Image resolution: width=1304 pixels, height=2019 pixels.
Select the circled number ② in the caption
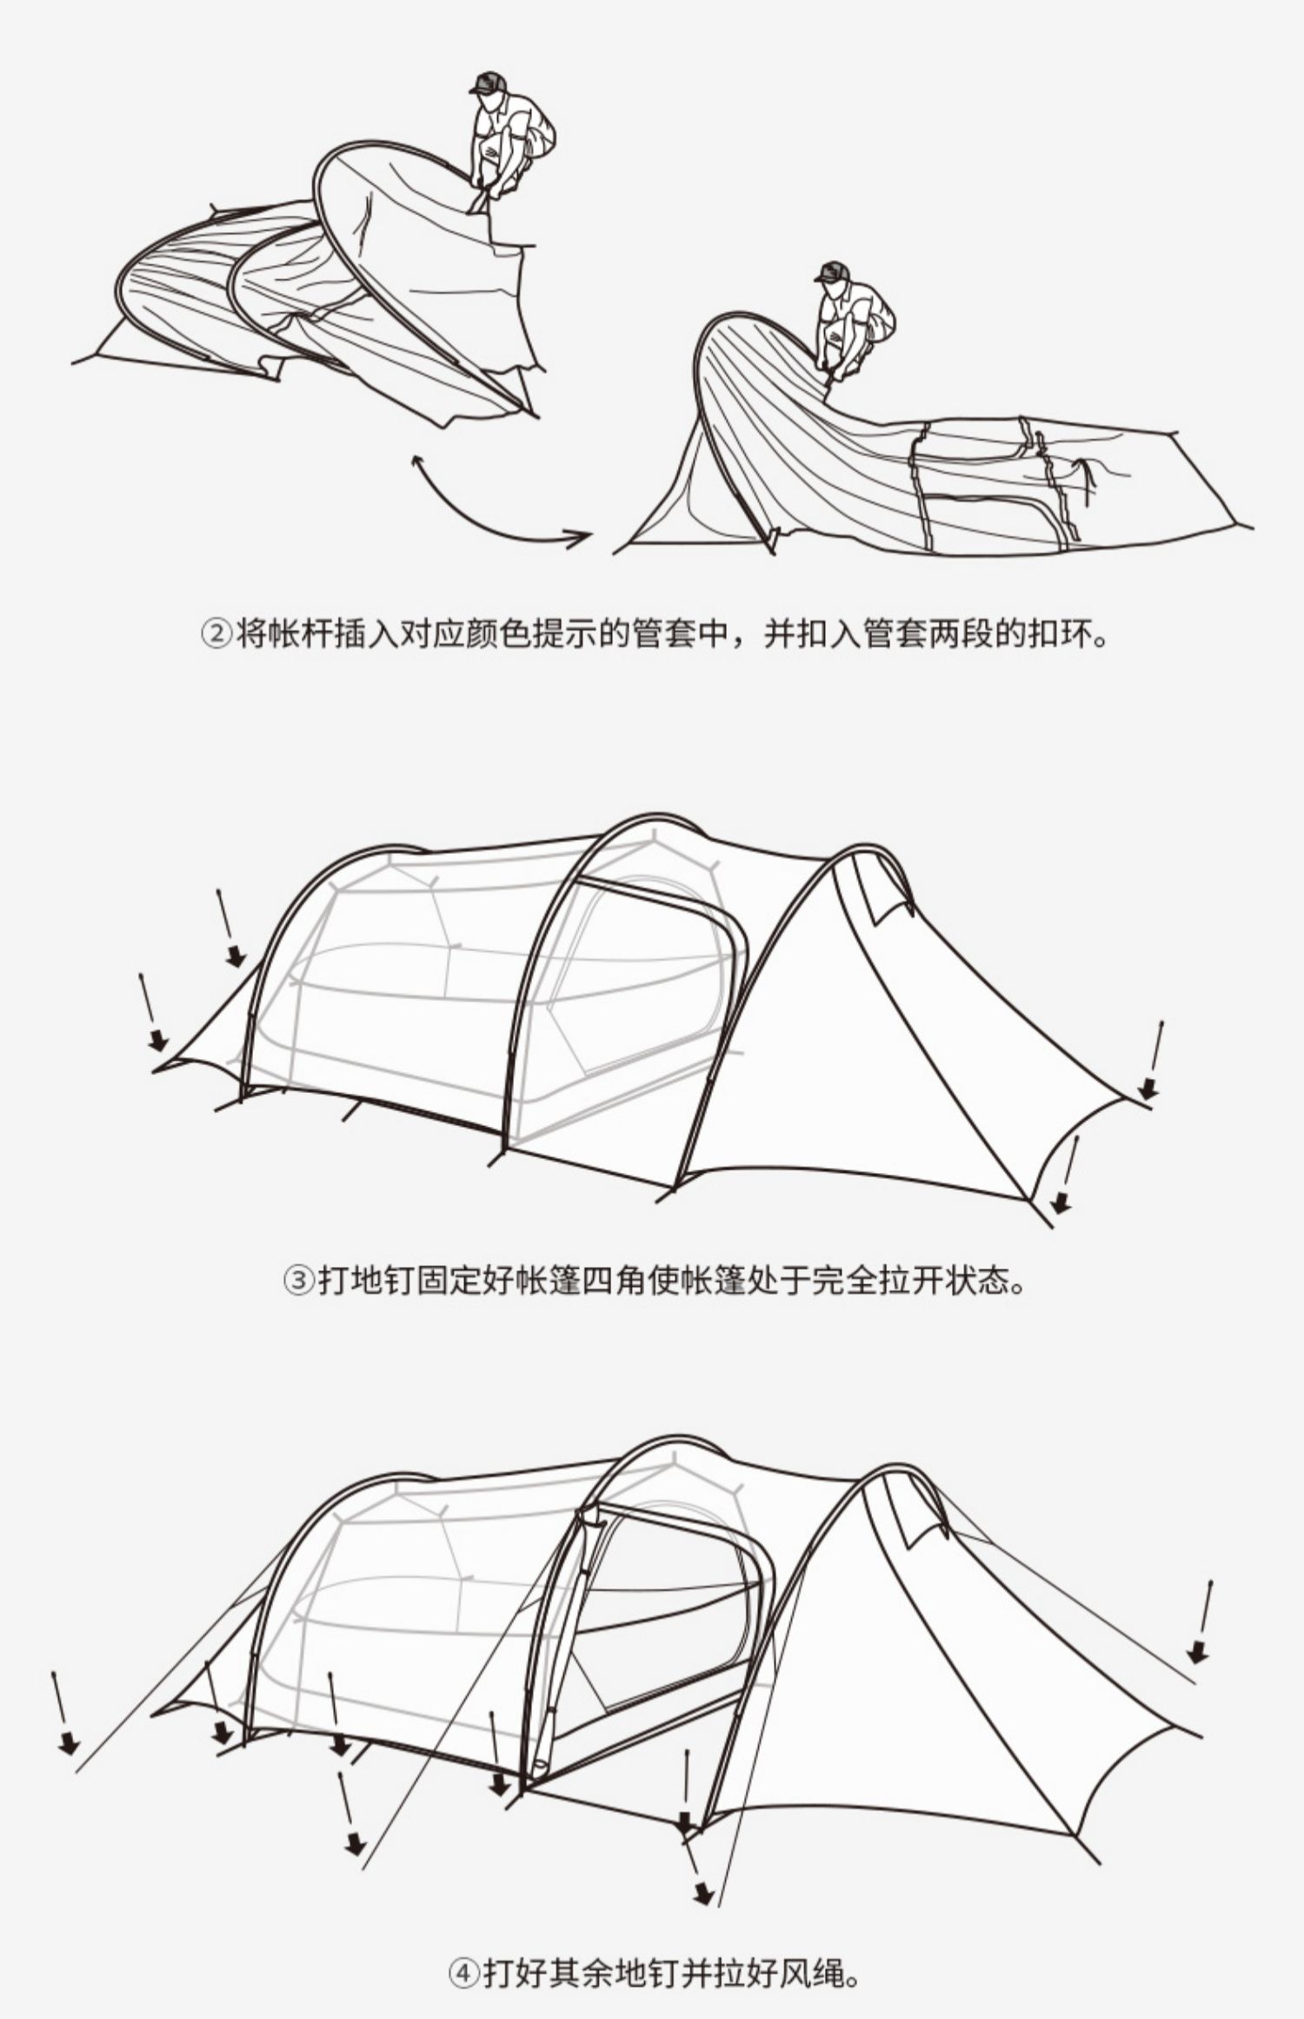click(x=216, y=634)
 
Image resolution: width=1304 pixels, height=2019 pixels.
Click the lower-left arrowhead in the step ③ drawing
click(x=157, y=1039)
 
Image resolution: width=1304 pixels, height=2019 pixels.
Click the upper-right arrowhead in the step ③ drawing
click(x=1148, y=1088)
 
